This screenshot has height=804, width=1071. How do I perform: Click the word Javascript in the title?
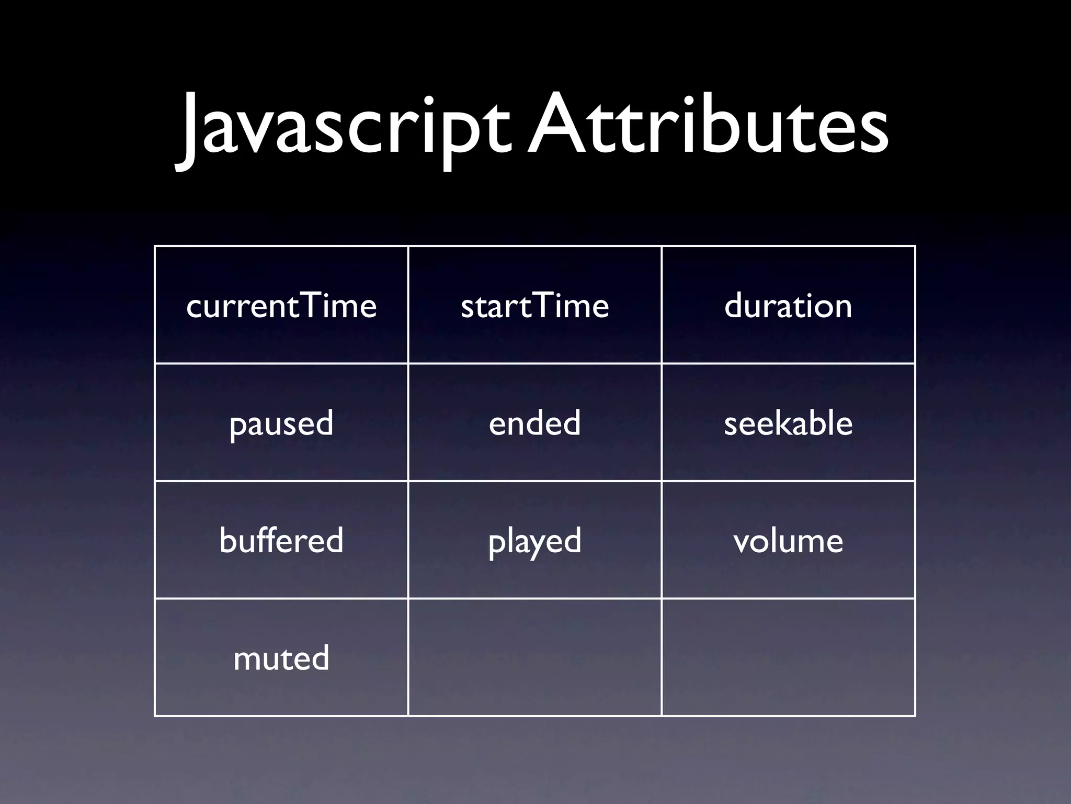pos(343,128)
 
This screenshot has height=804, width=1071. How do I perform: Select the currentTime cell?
pos(281,305)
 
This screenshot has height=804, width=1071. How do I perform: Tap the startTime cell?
pos(534,305)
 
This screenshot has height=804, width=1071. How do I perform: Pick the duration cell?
pos(788,305)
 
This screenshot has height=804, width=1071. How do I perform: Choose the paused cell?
pos(281,423)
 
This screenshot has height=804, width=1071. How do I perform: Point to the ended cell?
pos(534,423)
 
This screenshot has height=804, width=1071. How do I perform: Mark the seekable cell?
pos(788,423)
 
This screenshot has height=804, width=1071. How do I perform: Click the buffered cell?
pos(281,540)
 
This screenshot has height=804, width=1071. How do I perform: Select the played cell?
pos(534,540)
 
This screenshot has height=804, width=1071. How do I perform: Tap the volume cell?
pos(788,540)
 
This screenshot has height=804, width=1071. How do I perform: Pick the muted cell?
pos(281,658)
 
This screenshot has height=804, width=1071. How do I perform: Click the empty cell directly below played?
pos(534,658)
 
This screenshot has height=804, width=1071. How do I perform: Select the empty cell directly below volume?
pos(788,658)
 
